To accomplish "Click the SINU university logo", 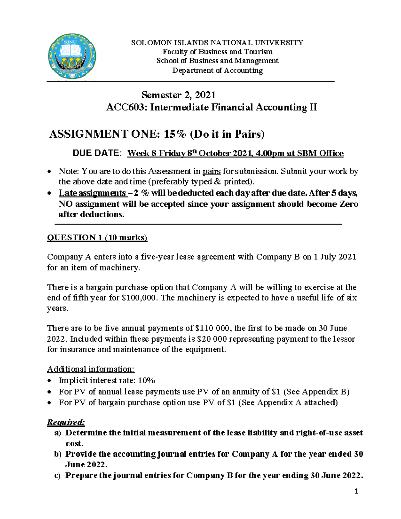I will tap(72, 56).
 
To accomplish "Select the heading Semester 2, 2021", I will tap(178, 95).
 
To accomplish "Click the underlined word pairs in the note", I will tap(212, 171).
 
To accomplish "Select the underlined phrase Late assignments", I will tap(92, 193).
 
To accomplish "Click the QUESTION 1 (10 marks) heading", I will tap(97, 238).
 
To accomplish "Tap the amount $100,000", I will tap(140, 298).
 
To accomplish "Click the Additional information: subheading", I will tap(91, 369).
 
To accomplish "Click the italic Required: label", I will tap(66, 422).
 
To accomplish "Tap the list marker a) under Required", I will tap(57, 433).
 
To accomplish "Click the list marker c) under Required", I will tap(57, 475).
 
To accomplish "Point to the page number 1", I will tap(356, 491).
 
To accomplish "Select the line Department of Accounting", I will tap(218, 70).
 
